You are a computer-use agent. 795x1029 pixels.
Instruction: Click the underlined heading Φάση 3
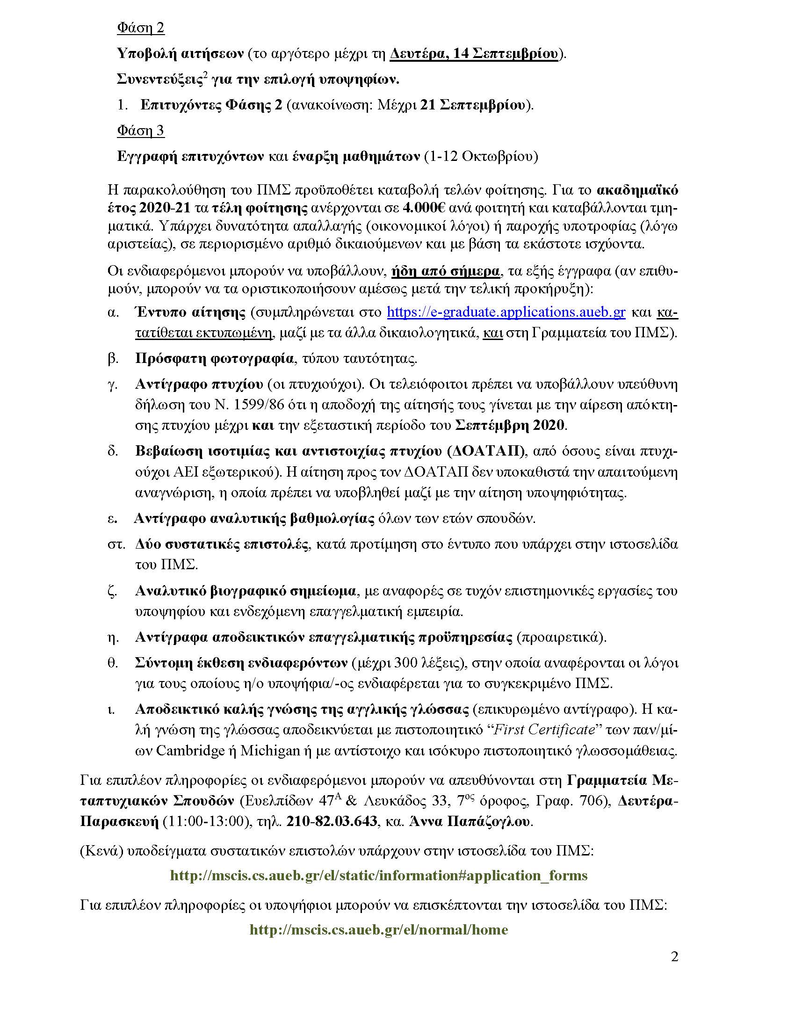[x=140, y=130]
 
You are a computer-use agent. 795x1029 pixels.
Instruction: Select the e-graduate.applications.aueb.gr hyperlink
[x=506, y=312]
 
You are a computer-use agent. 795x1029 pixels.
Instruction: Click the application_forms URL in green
[x=379, y=876]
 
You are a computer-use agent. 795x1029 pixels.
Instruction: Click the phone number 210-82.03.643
[x=332, y=821]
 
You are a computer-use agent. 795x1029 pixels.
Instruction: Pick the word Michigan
[x=270, y=750]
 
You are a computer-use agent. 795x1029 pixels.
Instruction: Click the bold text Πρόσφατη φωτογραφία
[x=214, y=359]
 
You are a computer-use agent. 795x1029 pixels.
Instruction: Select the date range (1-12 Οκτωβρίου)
[x=481, y=156]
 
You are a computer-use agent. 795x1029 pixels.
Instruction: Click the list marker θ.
[x=113, y=663]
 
